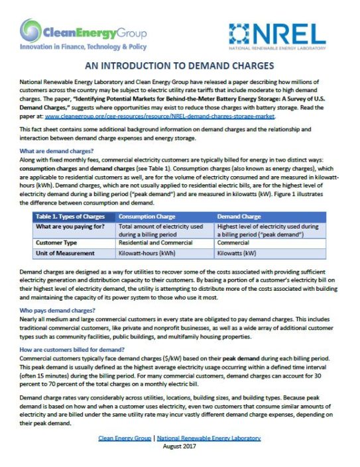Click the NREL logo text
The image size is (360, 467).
pos(296,33)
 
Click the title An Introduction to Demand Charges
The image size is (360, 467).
pos(180,66)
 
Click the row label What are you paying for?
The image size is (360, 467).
pos(72,227)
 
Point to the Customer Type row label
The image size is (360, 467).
pos(59,244)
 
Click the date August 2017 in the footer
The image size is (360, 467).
pos(179,448)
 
